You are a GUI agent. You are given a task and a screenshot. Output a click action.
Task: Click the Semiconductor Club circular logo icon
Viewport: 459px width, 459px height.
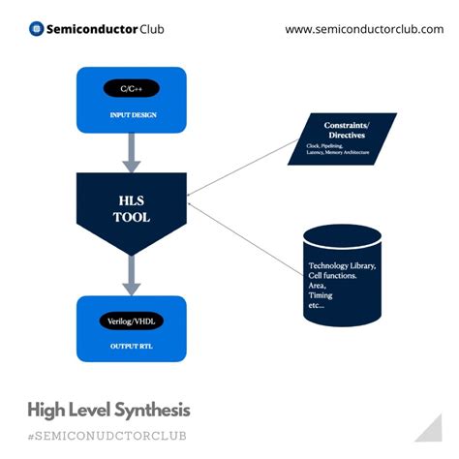(37, 29)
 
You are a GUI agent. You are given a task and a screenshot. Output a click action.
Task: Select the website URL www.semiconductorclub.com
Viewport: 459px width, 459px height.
(362, 29)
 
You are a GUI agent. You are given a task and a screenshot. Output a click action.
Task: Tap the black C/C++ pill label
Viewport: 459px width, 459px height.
(131, 90)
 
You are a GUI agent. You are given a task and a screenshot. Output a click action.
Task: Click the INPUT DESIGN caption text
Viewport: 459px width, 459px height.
(131, 116)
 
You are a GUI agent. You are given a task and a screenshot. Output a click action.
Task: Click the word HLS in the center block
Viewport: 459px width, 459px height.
(131, 199)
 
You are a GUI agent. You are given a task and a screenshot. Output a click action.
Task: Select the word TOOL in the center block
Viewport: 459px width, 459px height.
(131, 217)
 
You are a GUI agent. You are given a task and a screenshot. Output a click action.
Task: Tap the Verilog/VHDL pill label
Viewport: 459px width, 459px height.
(131, 320)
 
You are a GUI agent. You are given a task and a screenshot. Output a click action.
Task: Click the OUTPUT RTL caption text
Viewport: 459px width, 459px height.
(131, 346)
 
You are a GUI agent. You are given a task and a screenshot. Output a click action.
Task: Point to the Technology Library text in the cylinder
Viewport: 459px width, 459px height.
(342, 265)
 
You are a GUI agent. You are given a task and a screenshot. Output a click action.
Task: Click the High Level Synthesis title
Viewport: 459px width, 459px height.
(108, 410)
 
